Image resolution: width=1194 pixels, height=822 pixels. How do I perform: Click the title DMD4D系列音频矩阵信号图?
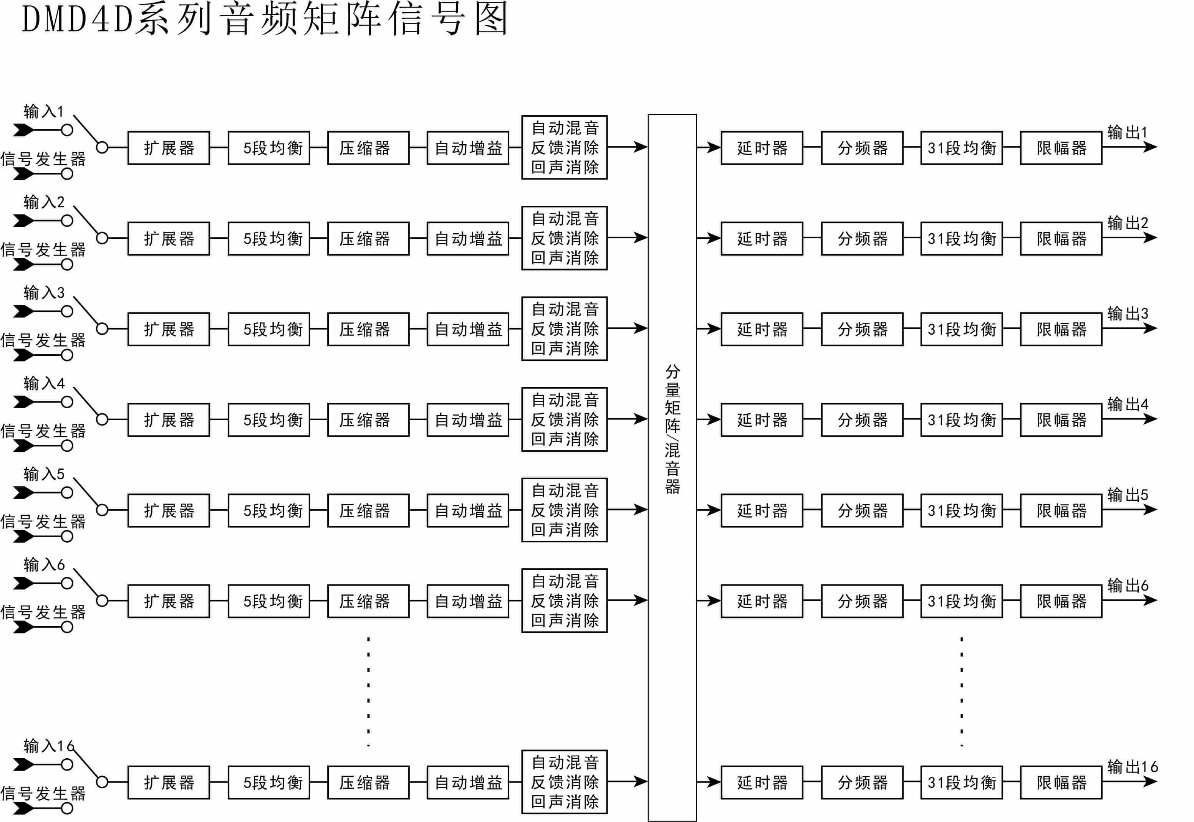[265, 20]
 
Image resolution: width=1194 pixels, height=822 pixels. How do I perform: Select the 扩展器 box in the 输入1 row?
[169, 148]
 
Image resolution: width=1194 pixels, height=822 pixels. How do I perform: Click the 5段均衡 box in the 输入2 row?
[268, 238]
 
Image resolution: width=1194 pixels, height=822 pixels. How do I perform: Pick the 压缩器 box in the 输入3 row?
[368, 329]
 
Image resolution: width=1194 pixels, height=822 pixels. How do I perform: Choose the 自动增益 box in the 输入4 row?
[467, 420]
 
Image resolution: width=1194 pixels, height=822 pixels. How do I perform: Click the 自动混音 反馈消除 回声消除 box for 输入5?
[564, 510]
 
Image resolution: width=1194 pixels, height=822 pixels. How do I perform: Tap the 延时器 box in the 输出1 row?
[762, 148]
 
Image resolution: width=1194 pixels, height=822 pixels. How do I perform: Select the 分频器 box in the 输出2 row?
[862, 238]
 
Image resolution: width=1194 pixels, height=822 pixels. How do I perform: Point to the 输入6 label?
[44, 565]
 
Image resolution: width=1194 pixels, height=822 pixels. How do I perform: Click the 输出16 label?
[1132, 766]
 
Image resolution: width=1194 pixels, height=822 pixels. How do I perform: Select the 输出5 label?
[1128, 494]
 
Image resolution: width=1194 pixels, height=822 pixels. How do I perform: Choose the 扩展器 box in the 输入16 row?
[169, 782]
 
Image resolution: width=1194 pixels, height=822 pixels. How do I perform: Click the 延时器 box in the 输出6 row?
[762, 601]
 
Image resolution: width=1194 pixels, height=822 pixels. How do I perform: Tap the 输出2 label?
[1128, 223]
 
